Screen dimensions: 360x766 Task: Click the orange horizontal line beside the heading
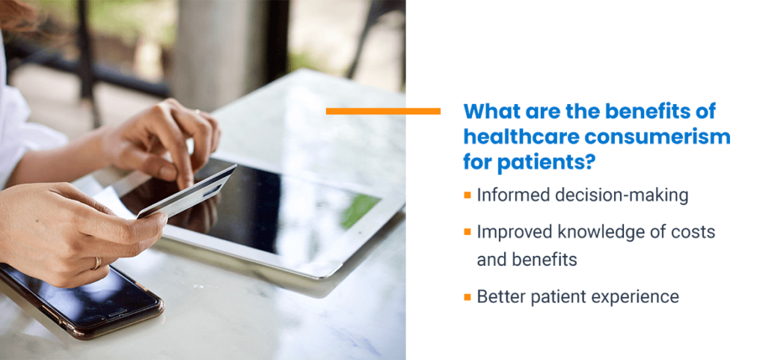(383, 111)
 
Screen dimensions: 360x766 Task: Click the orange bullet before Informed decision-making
(468, 195)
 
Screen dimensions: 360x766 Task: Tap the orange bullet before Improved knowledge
(468, 232)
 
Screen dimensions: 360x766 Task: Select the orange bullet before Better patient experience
(468, 296)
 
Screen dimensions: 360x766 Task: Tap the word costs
(693, 233)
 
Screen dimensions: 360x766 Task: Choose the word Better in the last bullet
(500, 296)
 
